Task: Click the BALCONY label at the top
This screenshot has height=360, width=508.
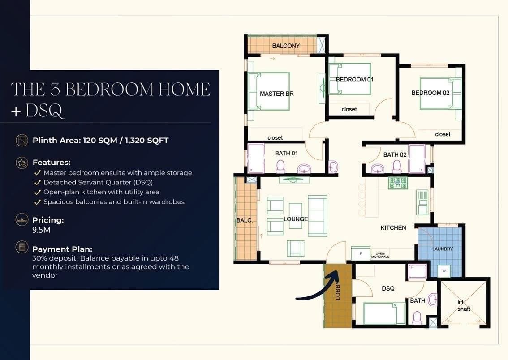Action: tap(286, 46)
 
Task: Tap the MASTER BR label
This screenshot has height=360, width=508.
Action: tap(277, 94)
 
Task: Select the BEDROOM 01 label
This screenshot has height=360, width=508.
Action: tap(354, 80)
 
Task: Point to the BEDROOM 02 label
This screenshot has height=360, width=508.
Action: tap(430, 93)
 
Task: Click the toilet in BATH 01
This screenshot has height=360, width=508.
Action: tap(280, 167)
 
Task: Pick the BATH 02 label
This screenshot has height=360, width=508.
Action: tap(395, 155)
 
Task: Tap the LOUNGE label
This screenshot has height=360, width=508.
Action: tap(296, 219)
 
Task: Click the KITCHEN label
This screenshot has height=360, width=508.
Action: tap(393, 228)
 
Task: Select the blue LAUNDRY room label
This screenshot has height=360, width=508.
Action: tap(443, 249)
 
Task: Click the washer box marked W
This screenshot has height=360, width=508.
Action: tap(444, 271)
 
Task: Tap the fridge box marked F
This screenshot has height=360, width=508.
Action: tap(361, 253)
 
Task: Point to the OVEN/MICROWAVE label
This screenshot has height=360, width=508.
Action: tap(380, 255)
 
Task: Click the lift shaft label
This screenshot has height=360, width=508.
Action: tap(463, 306)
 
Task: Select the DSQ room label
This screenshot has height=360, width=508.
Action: tap(388, 288)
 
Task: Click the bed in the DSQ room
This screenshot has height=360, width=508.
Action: tap(384, 313)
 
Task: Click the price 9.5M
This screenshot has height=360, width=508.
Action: tap(41, 230)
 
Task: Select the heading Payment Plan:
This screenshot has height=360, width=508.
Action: tap(62, 249)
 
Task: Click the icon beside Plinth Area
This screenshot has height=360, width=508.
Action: tap(22, 141)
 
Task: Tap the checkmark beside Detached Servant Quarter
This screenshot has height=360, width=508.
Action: tap(38, 183)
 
